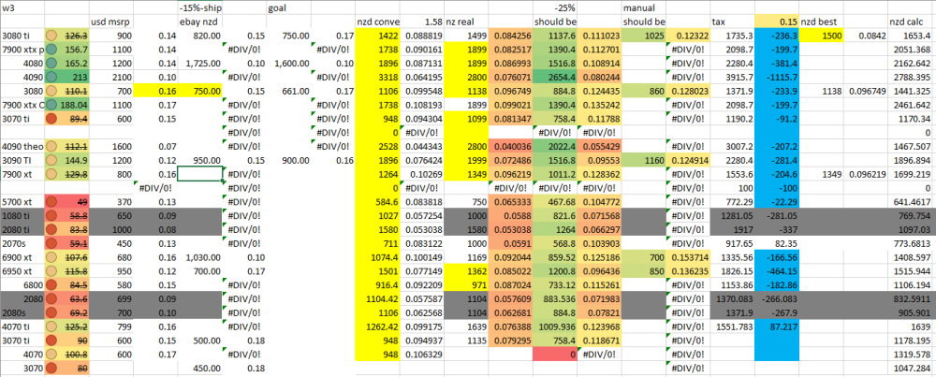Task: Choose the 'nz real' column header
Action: [466, 21]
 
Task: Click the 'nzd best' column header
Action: [820, 21]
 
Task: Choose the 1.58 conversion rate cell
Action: [432, 21]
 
